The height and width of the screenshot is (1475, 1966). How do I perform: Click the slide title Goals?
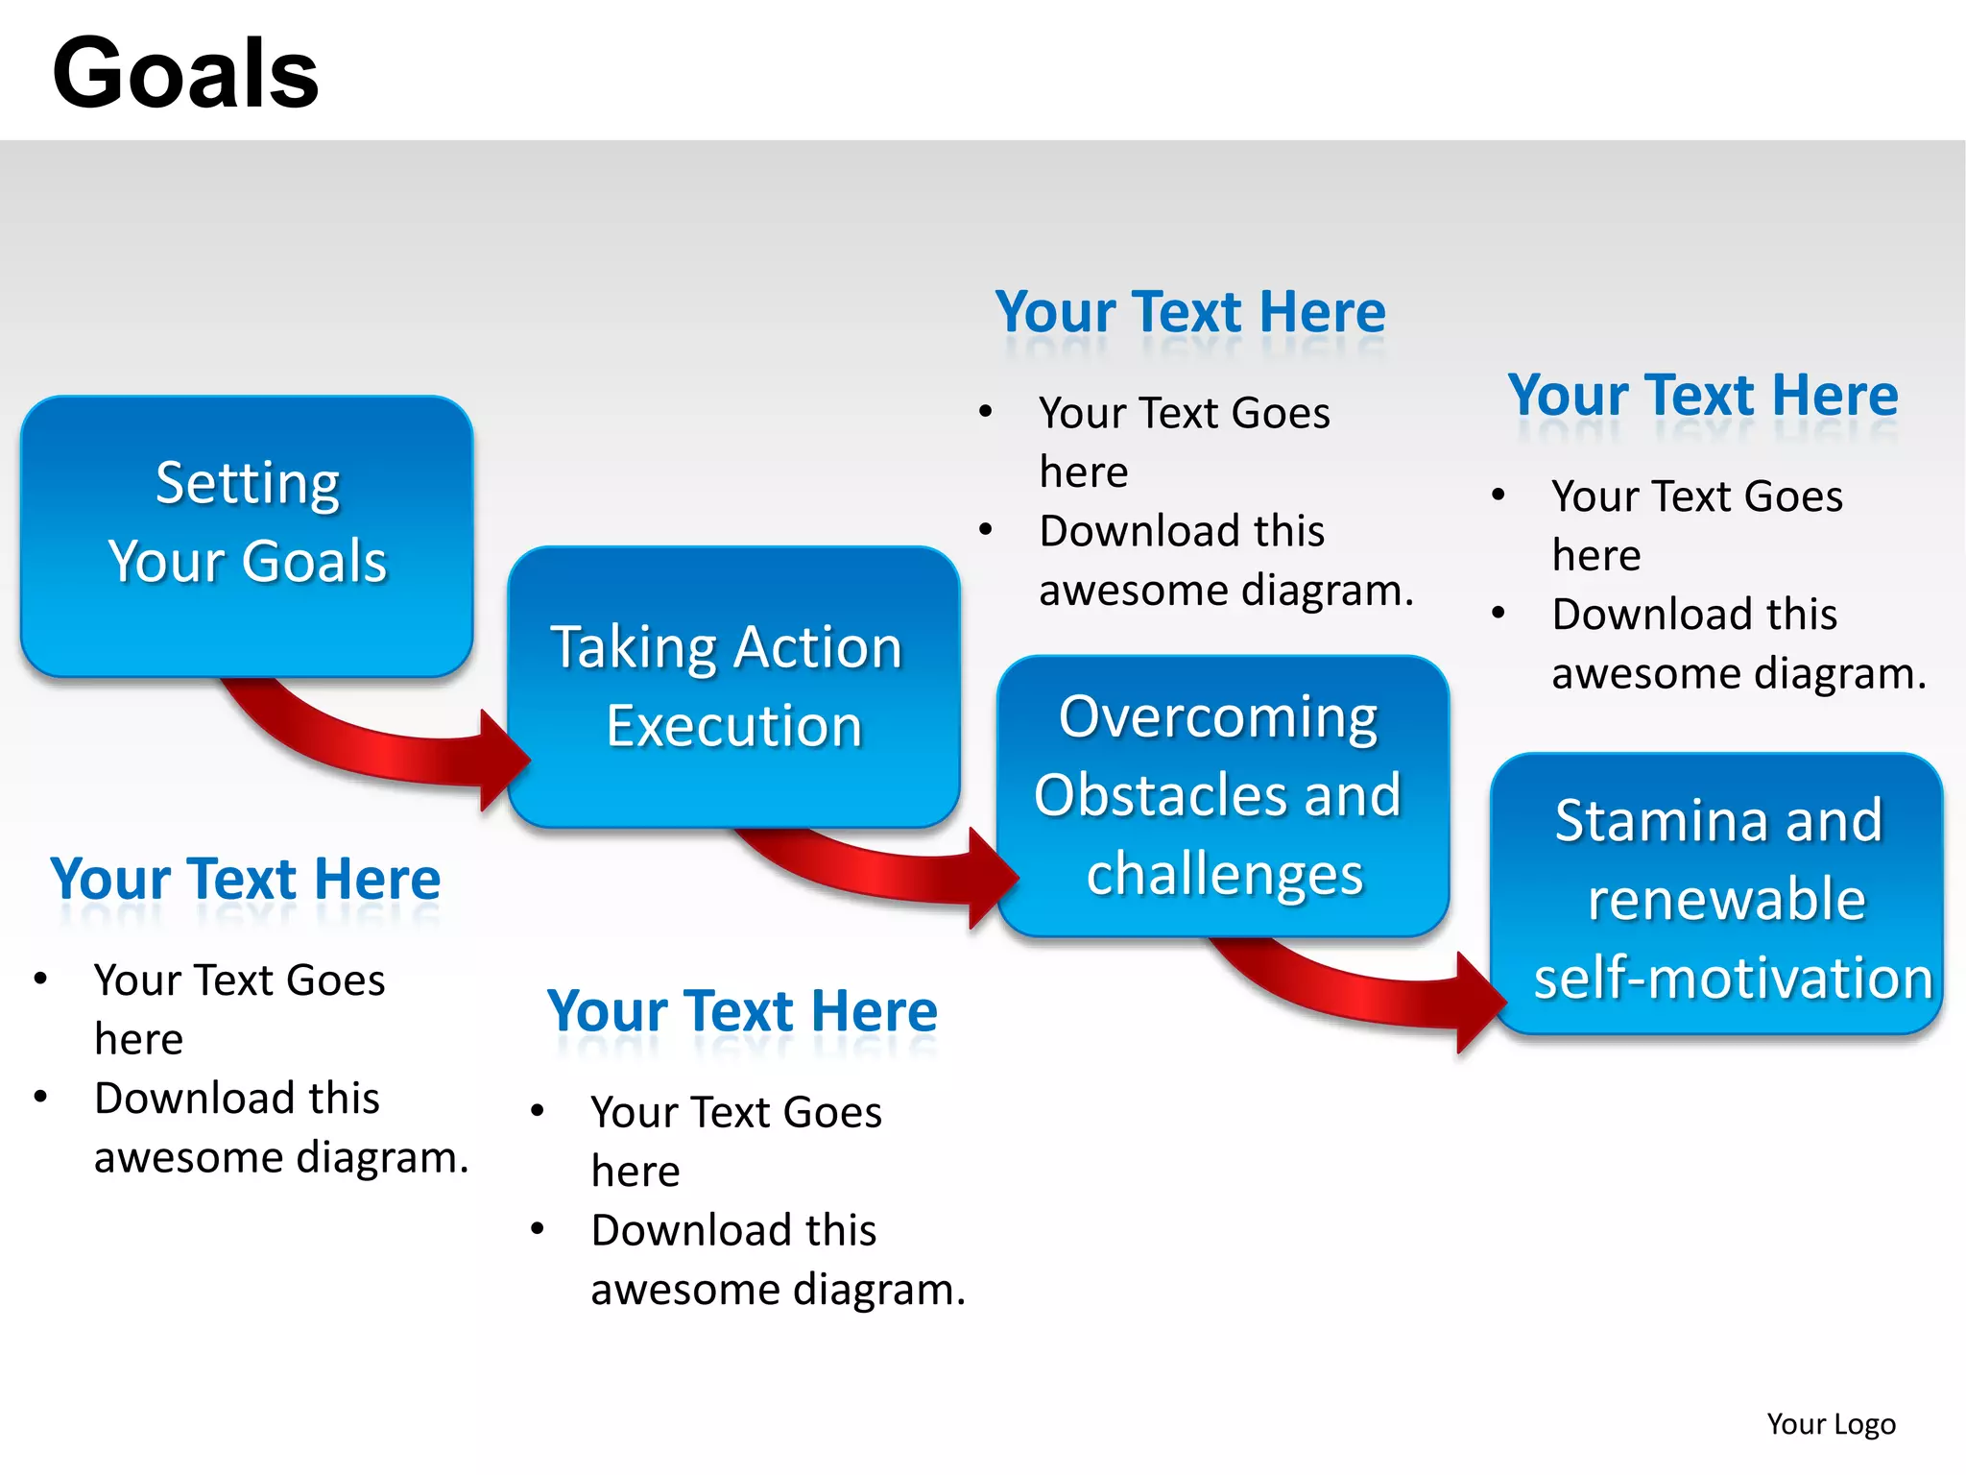click(185, 74)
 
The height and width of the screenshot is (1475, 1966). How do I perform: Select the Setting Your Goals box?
click(247, 535)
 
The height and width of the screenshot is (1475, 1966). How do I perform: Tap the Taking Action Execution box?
click(732, 686)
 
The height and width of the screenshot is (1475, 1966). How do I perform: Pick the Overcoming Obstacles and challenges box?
click(1221, 795)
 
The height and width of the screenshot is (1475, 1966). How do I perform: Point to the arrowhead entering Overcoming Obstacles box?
click(991, 876)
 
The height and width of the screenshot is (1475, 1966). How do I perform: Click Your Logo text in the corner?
click(1831, 1423)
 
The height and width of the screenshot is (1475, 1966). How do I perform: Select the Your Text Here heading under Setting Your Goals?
click(246, 879)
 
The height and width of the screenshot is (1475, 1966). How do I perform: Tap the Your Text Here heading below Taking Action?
click(742, 1011)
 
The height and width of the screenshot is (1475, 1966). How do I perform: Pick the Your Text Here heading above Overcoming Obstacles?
click(1190, 312)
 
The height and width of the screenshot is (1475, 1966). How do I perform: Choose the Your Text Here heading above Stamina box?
click(1703, 395)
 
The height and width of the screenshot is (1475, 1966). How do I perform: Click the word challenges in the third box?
click(1224, 875)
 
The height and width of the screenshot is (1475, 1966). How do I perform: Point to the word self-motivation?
click(1733, 979)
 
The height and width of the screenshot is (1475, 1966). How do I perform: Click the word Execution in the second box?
click(734, 726)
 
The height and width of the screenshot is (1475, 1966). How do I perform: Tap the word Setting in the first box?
click(248, 483)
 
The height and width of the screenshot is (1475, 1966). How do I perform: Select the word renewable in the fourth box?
click(1726, 900)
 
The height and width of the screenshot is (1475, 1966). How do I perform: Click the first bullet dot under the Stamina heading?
click(1498, 496)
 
